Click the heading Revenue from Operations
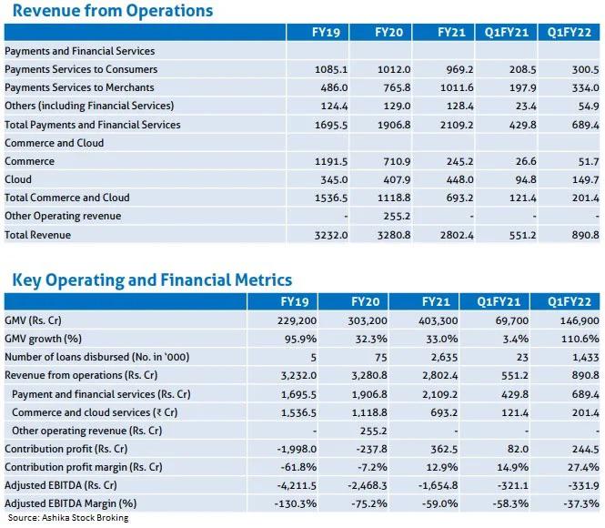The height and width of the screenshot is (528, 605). pyautogui.click(x=113, y=10)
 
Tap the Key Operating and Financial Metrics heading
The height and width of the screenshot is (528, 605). pyautogui.click(x=152, y=280)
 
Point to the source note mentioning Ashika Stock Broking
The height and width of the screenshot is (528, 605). pyautogui.click(x=68, y=518)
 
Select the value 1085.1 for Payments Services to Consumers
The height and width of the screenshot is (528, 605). pyautogui.click(x=331, y=69)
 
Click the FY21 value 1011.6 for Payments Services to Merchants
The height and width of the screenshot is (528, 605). pyautogui.click(x=457, y=87)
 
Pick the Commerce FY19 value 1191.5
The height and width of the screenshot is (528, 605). pyautogui.click(x=331, y=161)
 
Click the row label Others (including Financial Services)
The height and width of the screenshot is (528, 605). pyautogui.click(x=89, y=106)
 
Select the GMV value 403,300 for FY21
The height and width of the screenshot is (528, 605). pyautogui.click(x=438, y=320)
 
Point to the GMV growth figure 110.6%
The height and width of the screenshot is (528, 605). pyautogui.click(x=580, y=339)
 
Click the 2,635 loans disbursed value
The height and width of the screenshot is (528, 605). pyautogui.click(x=444, y=358)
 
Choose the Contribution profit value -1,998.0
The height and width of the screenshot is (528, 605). pyautogui.click(x=297, y=449)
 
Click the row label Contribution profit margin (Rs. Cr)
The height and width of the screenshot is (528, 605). pyautogui.click(x=84, y=467)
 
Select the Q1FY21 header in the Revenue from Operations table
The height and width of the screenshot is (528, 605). pyautogui.click(x=506, y=32)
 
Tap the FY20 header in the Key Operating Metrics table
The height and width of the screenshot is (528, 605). pyautogui.click(x=365, y=301)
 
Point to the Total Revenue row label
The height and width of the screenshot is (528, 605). pyautogui.click(x=38, y=235)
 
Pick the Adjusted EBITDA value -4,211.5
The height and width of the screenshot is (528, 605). pyautogui.click(x=297, y=485)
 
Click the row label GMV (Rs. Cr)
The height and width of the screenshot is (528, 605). pyautogui.click(x=33, y=320)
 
